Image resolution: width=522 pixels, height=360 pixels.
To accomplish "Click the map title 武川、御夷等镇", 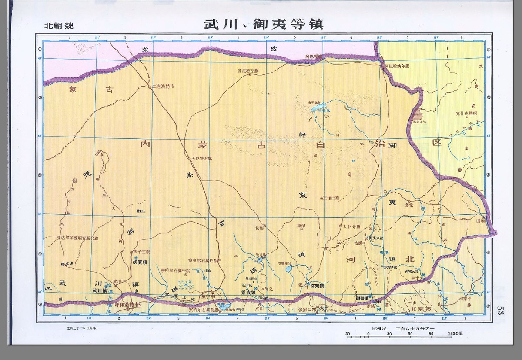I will pos(264,23).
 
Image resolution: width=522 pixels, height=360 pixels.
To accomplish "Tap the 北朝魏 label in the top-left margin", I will pos(59,25).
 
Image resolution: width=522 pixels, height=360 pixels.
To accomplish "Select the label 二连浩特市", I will pos(164,87).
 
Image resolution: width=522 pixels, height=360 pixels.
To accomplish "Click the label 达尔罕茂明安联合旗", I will pos(80,238).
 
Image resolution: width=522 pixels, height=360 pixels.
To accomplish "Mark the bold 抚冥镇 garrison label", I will pos(139,262).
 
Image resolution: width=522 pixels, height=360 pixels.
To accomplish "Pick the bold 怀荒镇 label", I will pos(317,286).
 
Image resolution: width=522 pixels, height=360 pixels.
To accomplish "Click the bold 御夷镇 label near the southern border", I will pos(362,298).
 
